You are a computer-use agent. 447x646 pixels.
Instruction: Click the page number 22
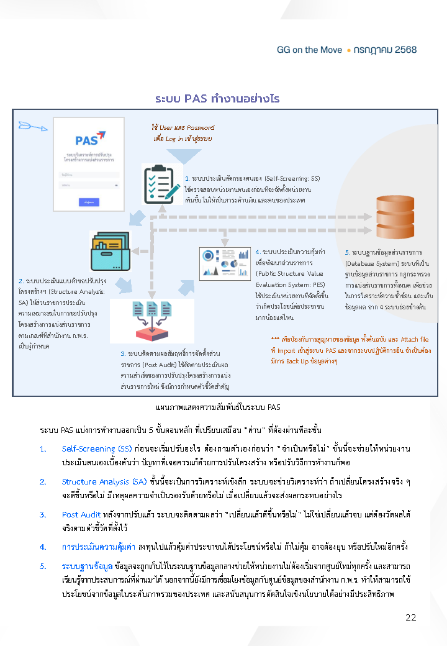(410, 617)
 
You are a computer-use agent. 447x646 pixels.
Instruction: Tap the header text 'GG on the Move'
(309, 50)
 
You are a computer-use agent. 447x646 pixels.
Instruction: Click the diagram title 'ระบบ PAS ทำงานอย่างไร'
(217, 99)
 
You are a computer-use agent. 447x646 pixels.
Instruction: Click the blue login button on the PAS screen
(89, 202)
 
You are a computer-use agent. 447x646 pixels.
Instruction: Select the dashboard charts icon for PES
(226, 263)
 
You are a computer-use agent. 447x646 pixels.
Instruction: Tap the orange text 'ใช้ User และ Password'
(183, 127)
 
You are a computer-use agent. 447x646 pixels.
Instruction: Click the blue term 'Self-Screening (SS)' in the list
(97, 448)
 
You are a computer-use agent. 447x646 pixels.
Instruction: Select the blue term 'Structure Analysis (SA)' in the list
(104, 481)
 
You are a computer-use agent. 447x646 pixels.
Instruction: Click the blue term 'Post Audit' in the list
(81, 514)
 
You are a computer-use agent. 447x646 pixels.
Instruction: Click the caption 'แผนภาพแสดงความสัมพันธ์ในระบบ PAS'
(217, 407)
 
